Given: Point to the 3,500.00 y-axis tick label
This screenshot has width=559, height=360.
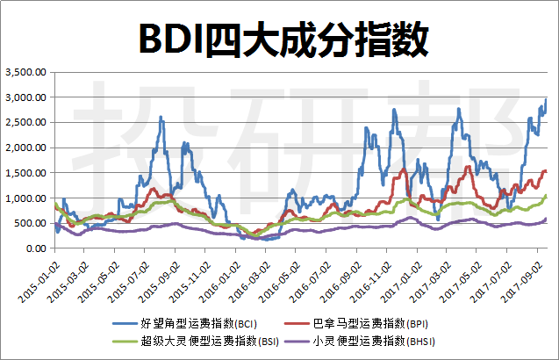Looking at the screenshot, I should tap(27, 73).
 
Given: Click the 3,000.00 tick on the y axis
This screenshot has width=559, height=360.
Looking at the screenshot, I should tap(27, 97).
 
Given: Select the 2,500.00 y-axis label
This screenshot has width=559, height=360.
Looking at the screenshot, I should tap(27, 123).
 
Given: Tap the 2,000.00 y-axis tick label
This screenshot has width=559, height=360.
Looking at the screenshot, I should tap(27, 148).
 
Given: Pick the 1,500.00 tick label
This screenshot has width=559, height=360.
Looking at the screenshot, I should tap(27, 173).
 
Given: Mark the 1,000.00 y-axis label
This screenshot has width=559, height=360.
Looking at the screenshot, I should tap(27, 198).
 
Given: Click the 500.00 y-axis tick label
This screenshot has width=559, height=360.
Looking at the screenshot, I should tap(32, 223).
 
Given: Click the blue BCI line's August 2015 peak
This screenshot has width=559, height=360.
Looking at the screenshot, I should tap(161, 117).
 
